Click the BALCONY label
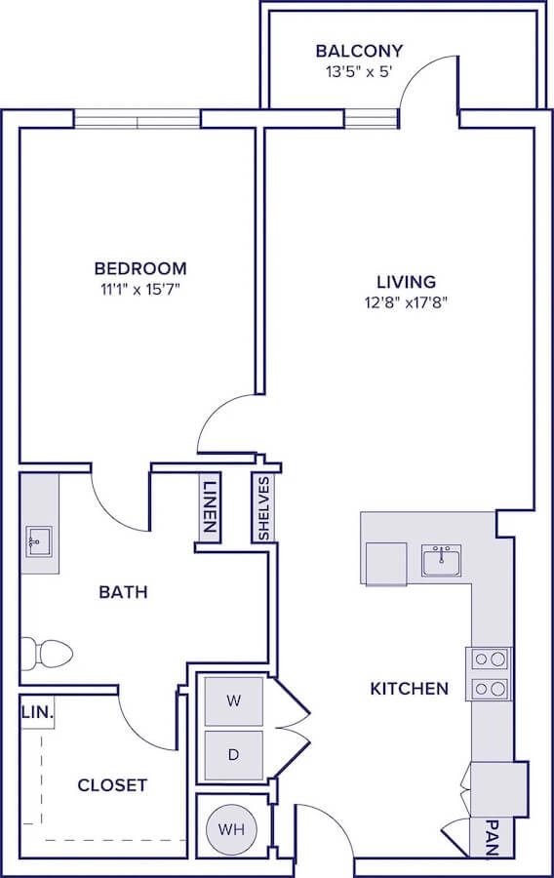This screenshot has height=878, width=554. [x=359, y=51]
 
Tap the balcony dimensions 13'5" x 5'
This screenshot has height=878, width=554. [x=358, y=72]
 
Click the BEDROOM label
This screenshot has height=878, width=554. [x=140, y=269]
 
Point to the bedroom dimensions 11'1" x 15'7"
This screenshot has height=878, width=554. [x=139, y=290]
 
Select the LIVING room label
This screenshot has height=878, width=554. [x=407, y=282]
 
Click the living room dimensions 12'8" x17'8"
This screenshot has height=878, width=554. [x=407, y=303]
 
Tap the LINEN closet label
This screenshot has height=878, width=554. [x=210, y=506]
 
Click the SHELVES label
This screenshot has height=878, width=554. [x=263, y=508]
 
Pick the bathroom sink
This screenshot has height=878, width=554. [x=39, y=541]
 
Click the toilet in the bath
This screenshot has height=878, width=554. [x=47, y=654]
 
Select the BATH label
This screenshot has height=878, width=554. [x=123, y=592]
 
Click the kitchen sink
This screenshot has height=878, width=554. [x=442, y=561]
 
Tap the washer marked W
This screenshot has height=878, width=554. [x=234, y=701]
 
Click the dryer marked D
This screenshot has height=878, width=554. [x=234, y=755]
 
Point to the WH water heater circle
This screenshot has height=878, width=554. [x=232, y=829]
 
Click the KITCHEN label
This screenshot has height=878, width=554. [x=409, y=688]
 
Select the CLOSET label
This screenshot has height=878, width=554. [x=112, y=785]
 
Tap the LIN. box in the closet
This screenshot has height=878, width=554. [x=37, y=712]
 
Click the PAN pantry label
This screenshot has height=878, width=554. [x=492, y=838]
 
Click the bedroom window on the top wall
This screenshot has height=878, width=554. [x=138, y=119]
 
